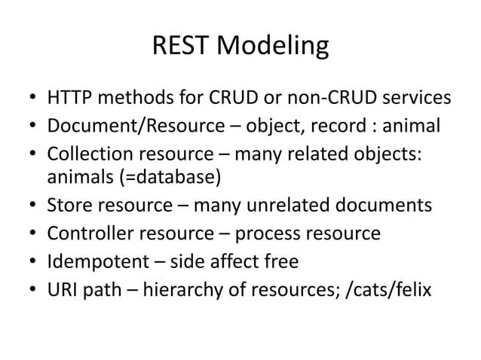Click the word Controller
[x=87, y=233]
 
